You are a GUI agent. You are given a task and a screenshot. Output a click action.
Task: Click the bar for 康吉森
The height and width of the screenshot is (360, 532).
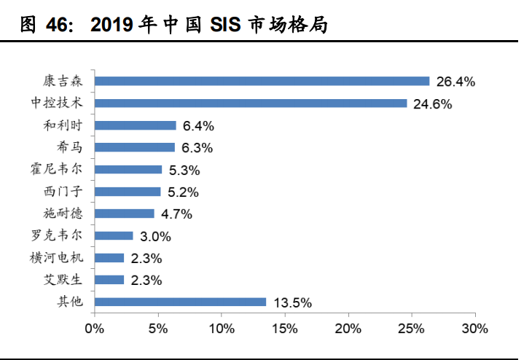262,82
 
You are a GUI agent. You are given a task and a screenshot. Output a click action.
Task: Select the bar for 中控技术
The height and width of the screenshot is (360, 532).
251,103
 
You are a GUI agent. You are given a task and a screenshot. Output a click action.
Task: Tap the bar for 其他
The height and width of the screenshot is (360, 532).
180,302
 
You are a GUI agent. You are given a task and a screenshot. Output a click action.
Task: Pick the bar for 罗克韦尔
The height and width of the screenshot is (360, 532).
114,235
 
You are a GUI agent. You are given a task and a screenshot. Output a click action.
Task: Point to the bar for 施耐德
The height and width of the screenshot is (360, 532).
125,214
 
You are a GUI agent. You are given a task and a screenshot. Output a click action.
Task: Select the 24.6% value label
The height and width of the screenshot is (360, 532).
432,104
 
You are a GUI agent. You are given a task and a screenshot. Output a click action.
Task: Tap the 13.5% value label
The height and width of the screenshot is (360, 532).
292,302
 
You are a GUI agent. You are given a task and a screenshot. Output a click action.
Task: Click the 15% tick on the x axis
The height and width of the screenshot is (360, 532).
285,329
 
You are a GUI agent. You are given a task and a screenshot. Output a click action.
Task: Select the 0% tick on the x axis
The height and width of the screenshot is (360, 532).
94,329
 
